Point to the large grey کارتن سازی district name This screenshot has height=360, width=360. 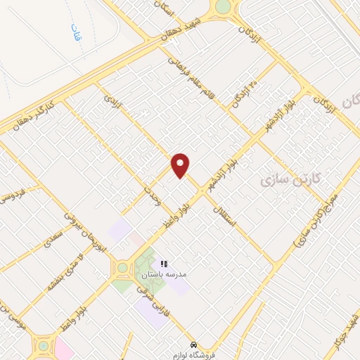coord(290,179)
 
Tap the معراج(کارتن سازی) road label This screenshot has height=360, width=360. coord(314,222)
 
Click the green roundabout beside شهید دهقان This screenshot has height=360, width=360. coord(223,8)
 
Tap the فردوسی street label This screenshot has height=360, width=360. coord(13,193)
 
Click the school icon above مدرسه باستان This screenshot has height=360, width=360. coord(165,263)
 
